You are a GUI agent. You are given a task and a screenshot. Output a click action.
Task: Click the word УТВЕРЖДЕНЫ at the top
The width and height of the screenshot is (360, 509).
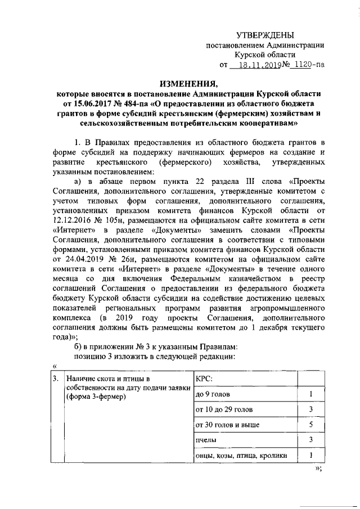click(265, 36)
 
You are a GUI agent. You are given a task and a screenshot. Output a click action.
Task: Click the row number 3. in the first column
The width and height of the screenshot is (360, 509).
click(56, 378)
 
